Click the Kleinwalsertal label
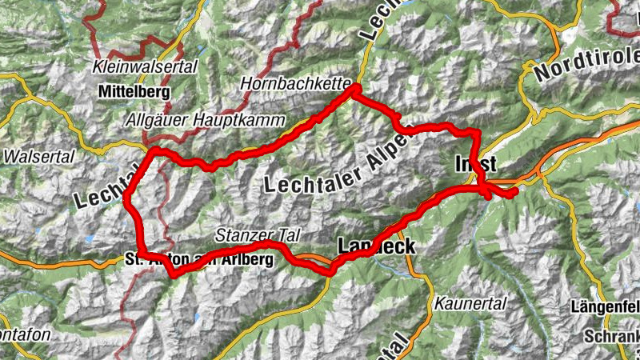click(x=145, y=66)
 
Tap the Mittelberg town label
click(x=135, y=92)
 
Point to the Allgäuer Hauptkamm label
click(x=206, y=119)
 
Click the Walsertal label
click(x=38, y=157)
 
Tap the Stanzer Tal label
click(x=257, y=235)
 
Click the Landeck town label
click(x=377, y=246)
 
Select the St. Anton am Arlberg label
click(x=199, y=259)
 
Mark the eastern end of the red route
click(x=514, y=192)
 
